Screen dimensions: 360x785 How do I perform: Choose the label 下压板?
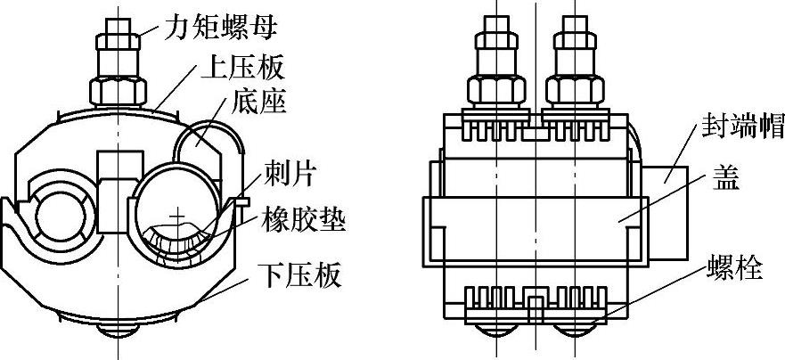pyautogui.click(x=298, y=276)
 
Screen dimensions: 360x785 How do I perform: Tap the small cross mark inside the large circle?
pyautogui.click(x=180, y=217)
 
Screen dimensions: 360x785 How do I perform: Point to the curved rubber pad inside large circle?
pyautogui.click(x=182, y=239)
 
